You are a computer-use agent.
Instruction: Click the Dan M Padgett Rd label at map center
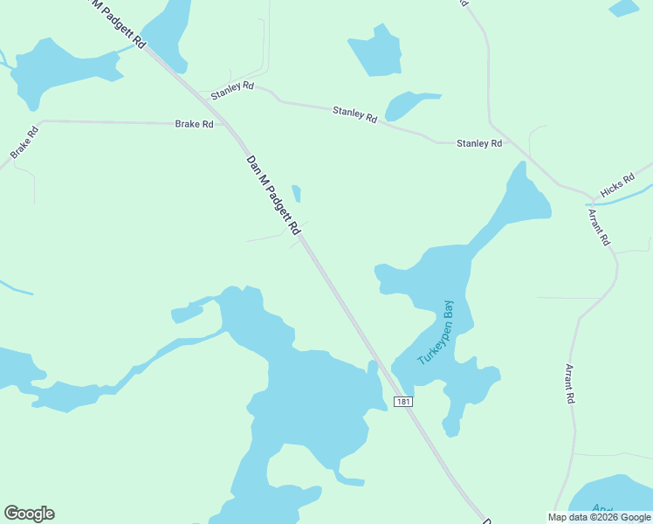pyautogui.click(x=273, y=196)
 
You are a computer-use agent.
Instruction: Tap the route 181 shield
pyautogui.click(x=402, y=401)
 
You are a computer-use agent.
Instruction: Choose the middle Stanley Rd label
pyautogui.click(x=354, y=114)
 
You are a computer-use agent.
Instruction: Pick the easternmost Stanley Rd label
pyautogui.click(x=479, y=142)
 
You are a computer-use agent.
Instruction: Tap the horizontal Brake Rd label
pyautogui.click(x=194, y=124)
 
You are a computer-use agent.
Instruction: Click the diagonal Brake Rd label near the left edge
pyautogui.click(x=25, y=143)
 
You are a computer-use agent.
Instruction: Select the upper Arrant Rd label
pyautogui.click(x=598, y=227)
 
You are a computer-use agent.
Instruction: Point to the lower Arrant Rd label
pyautogui.click(x=570, y=383)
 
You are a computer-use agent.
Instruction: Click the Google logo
pyautogui.click(x=29, y=514)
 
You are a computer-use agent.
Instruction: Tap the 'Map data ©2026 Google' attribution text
pyautogui.click(x=600, y=517)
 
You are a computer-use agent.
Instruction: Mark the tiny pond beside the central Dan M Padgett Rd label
pyautogui.click(x=297, y=193)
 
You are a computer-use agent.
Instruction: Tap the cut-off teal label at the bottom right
pyautogui.click(x=602, y=508)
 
